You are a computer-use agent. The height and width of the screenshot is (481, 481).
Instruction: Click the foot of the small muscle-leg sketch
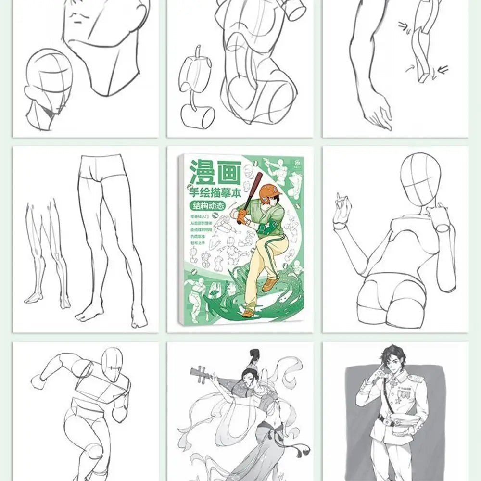click(x=34, y=298)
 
